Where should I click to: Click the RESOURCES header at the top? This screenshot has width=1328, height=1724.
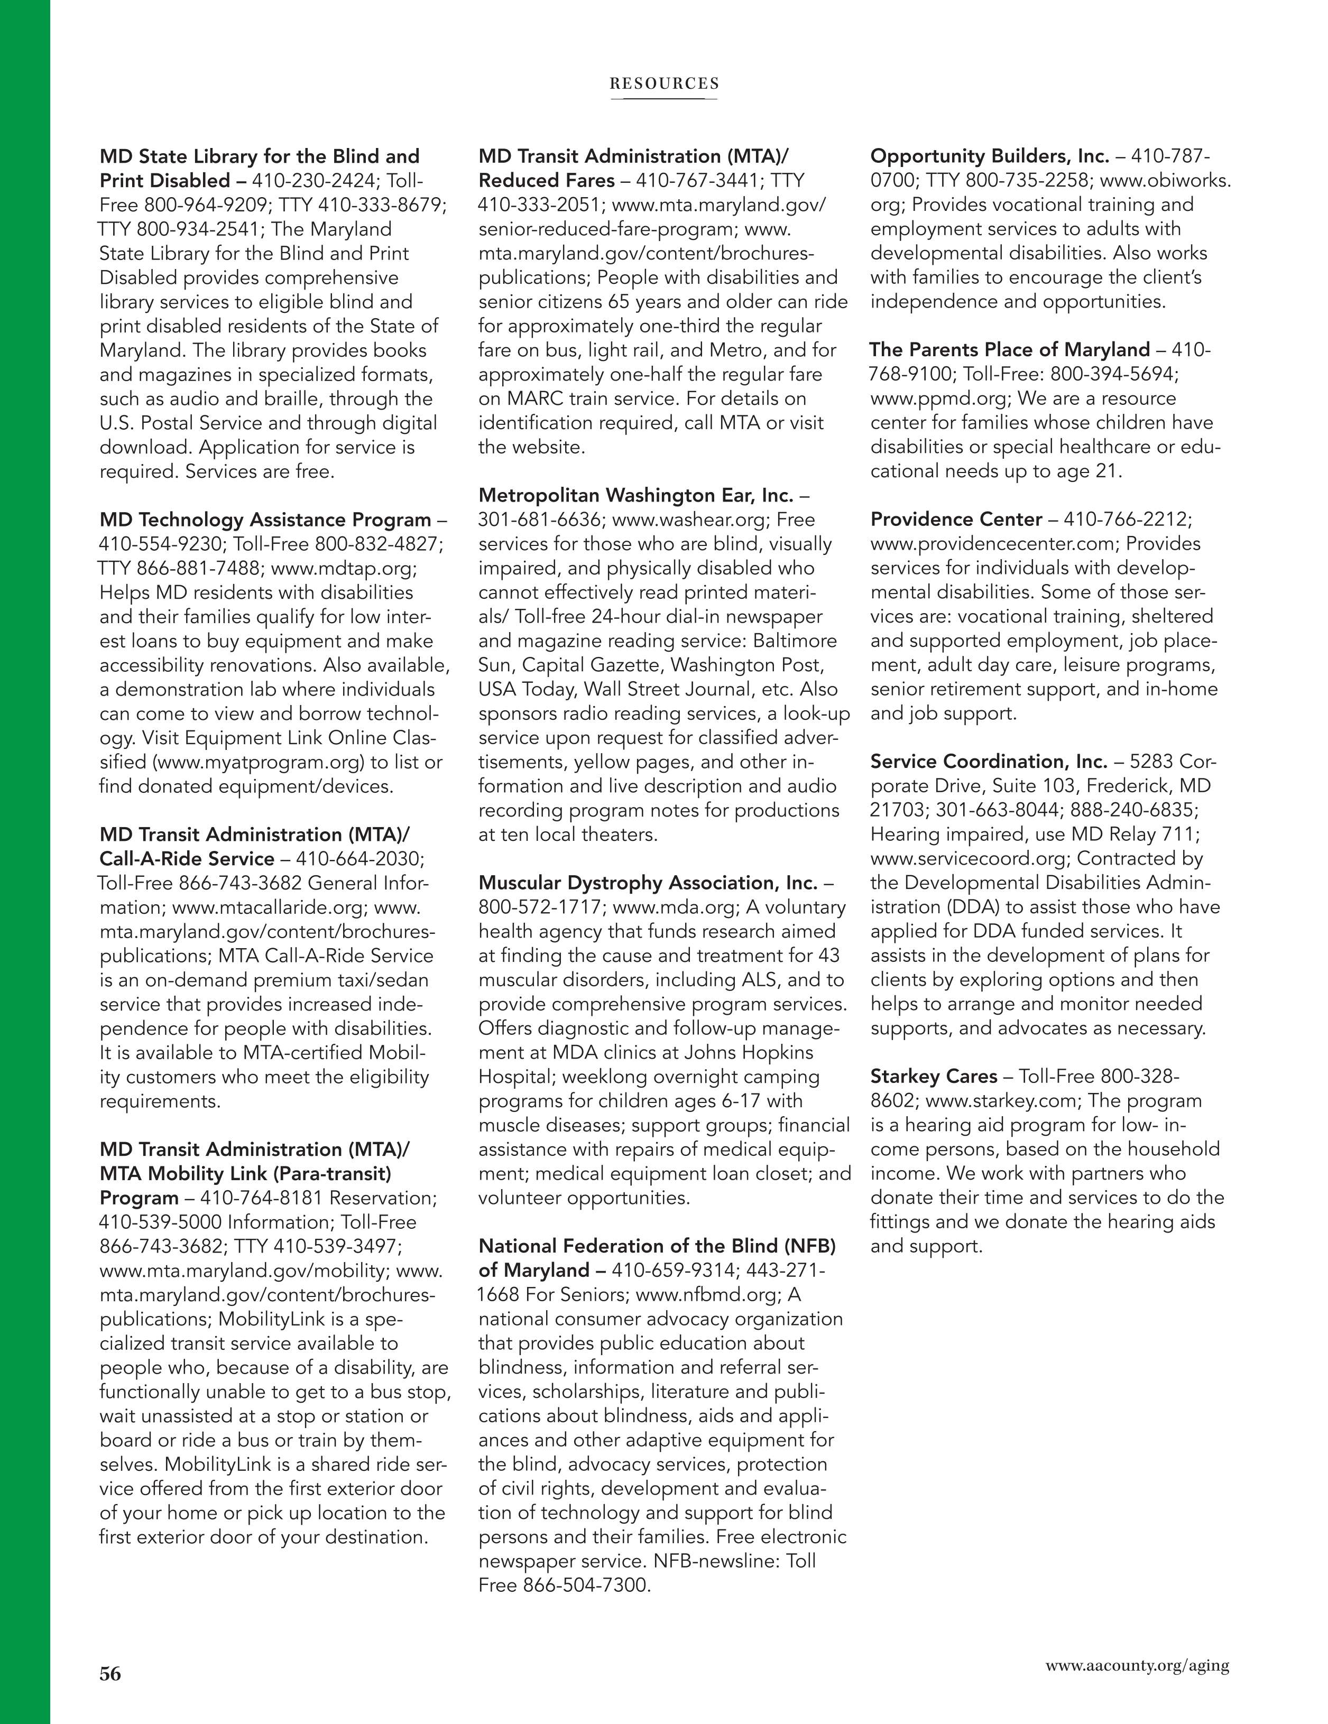pos(664,84)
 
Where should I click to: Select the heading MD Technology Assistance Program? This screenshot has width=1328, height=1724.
pos(264,520)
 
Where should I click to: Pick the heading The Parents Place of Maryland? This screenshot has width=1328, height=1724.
pos(1010,350)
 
